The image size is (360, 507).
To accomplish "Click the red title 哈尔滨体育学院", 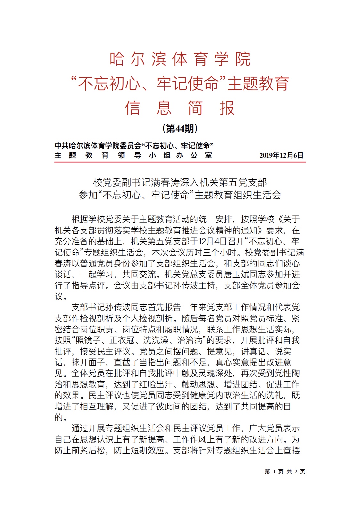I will [x=180, y=59].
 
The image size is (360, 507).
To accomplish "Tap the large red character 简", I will [x=195, y=108].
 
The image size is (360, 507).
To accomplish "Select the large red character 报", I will [x=227, y=108].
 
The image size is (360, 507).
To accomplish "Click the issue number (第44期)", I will [x=180, y=129].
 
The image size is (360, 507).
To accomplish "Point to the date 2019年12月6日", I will [x=281, y=156].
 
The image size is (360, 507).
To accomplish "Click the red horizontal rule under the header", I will [x=180, y=162].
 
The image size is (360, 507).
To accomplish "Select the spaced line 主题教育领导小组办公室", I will [x=133, y=156].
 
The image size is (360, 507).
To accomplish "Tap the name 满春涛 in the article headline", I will [x=170, y=182].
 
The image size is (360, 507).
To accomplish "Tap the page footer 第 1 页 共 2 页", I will [x=285, y=471].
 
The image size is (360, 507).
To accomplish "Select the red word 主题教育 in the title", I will [x=258, y=84].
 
